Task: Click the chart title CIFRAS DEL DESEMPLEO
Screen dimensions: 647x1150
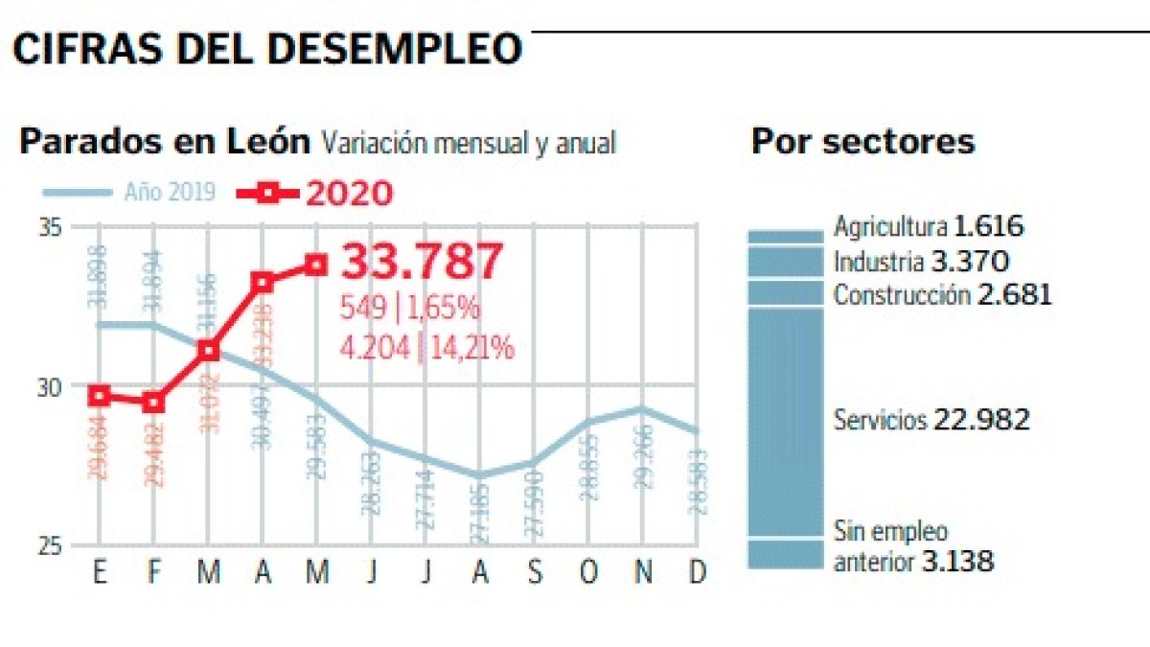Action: coord(267,48)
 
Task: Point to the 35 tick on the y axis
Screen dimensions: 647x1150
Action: coord(51,228)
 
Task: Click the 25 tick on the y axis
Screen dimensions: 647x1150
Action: coord(51,545)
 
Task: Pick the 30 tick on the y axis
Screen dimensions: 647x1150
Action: coord(51,386)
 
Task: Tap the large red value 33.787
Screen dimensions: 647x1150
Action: coord(422,262)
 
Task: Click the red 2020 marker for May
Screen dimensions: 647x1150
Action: coord(317,264)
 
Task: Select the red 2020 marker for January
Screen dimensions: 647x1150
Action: coord(100,396)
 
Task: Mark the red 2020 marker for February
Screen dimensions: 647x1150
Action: coord(153,403)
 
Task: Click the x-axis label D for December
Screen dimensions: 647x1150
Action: coord(698,572)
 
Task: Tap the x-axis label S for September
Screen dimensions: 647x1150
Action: coord(535,572)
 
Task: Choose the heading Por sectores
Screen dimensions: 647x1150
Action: coord(862,142)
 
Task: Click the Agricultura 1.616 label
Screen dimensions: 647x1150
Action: coord(929,227)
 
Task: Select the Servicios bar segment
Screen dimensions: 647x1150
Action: coord(785,422)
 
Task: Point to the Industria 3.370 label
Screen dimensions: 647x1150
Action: coord(921,261)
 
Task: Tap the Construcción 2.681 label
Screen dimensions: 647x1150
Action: coord(942,293)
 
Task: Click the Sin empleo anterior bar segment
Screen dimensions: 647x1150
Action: coord(785,554)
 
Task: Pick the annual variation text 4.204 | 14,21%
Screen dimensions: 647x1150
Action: coord(427,348)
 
